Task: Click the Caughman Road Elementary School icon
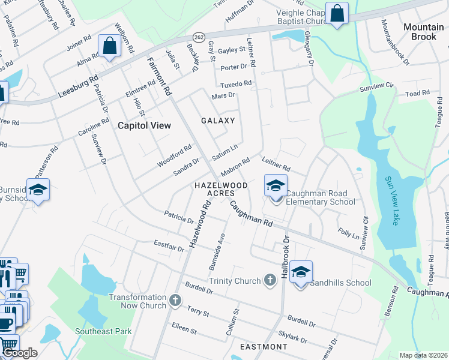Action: click(x=276, y=185)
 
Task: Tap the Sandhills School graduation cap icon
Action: click(x=301, y=272)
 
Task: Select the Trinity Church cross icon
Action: click(x=270, y=280)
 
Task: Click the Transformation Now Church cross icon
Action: click(x=175, y=300)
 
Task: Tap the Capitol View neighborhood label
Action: click(x=144, y=125)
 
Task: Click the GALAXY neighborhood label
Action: click(x=218, y=121)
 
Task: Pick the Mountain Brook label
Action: click(x=423, y=32)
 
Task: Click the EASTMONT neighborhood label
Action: click(x=264, y=347)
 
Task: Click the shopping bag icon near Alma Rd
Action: click(x=110, y=46)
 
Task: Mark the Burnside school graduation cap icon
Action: click(x=38, y=190)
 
